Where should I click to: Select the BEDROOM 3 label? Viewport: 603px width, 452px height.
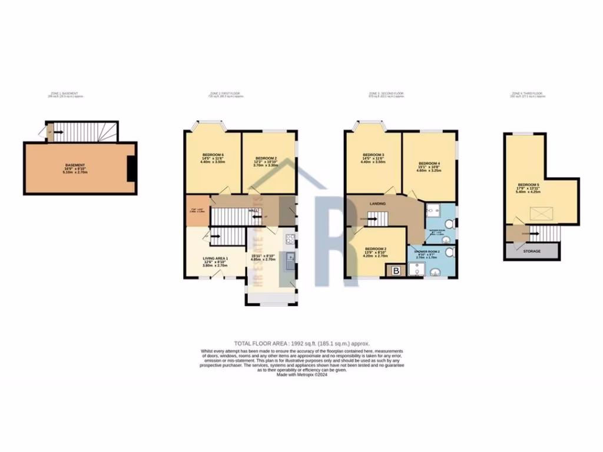coord(373,155)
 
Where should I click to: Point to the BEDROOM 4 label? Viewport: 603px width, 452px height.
coord(429,163)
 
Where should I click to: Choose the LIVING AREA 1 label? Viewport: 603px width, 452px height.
coord(214,258)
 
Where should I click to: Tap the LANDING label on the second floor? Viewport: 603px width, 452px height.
coord(377,204)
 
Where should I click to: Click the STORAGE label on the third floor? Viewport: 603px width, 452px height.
coord(532,251)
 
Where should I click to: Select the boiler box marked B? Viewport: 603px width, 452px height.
coord(396,271)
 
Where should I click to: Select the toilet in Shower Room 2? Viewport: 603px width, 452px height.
coord(450,252)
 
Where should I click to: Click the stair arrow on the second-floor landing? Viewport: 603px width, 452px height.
coord(373,220)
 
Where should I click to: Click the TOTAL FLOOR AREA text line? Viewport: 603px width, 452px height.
coord(301,343)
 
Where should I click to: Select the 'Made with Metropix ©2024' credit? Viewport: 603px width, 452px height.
coord(301,374)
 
